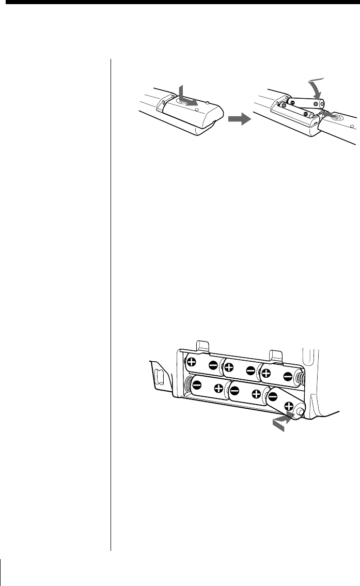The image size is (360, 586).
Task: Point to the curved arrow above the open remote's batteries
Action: click(314, 86)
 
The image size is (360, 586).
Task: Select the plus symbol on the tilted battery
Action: click(288, 405)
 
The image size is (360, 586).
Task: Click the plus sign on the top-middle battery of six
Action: click(229, 367)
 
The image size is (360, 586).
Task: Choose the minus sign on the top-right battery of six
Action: click(288, 376)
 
